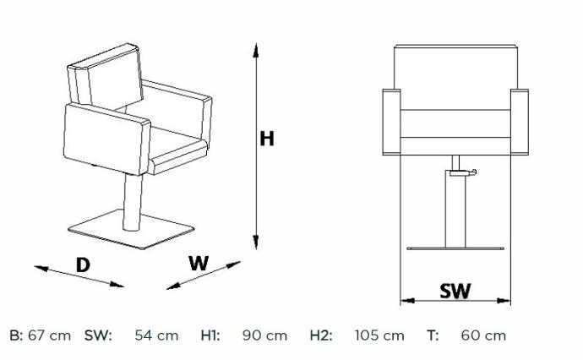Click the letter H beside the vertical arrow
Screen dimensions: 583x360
point(267,139)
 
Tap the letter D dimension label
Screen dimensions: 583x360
point(83,265)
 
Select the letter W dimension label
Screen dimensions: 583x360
point(199,264)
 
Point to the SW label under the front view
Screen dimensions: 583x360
point(455,291)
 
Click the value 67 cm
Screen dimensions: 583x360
point(50,335)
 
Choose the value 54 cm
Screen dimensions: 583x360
point(156,335)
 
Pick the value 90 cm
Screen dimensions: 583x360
point(264,335)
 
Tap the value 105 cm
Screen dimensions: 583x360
point(379,335)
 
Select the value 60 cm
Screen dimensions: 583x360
point(483,335)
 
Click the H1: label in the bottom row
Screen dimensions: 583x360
point(210,335)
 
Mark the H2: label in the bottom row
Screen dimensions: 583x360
point(321,335)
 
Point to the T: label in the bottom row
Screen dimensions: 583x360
point(433,335)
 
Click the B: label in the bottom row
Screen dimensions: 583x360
point(16,335)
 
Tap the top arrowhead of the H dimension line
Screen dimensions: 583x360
point(256,50)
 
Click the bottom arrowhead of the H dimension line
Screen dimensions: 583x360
point(256,242)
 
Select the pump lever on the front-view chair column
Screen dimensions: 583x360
point(463,172)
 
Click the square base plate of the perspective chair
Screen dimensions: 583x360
point(131,230)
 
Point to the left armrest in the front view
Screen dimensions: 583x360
point(391,122)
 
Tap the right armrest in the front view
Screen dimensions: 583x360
point(520,122)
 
